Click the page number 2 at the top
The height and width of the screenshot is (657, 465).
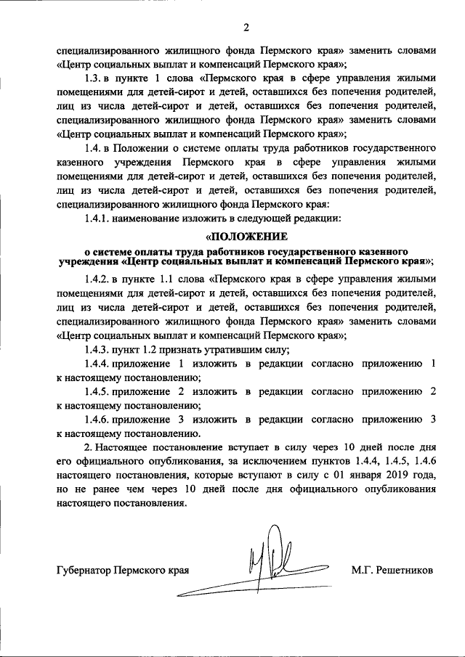[246, 28]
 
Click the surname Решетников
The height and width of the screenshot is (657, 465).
[404, 571]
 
